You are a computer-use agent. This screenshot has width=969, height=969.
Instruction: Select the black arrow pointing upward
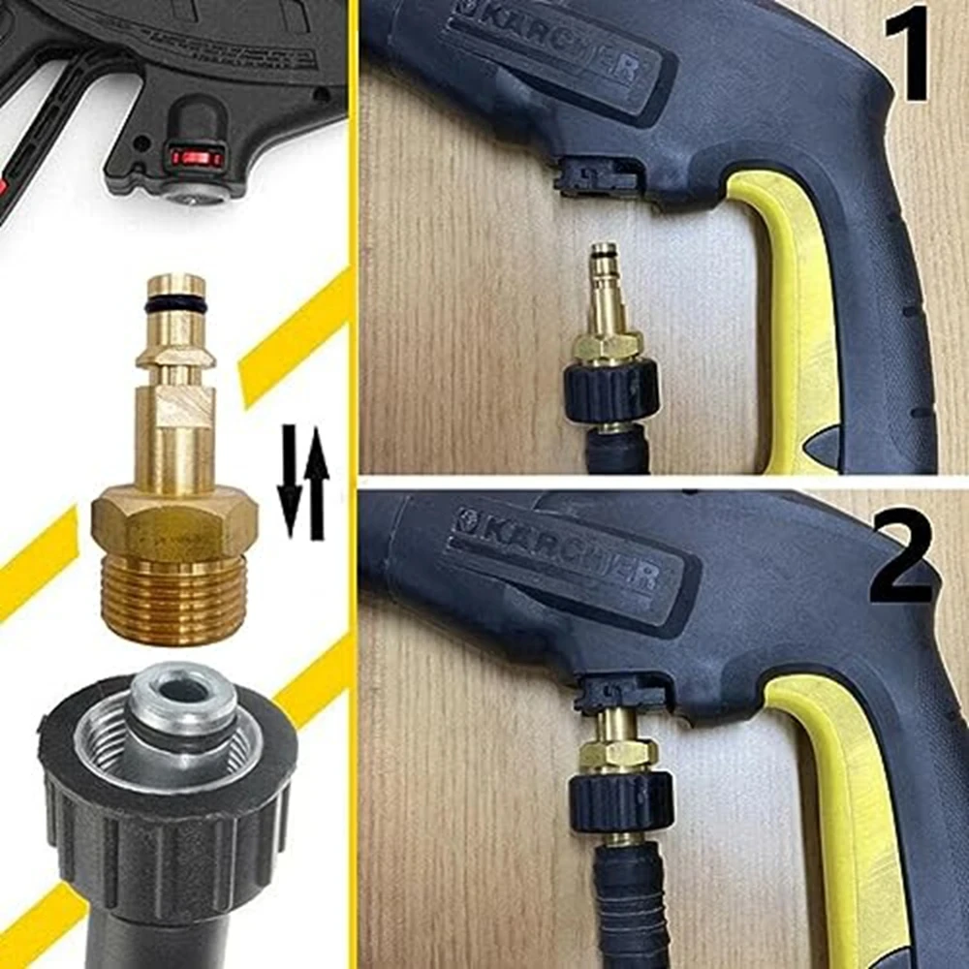(x=317, y=480)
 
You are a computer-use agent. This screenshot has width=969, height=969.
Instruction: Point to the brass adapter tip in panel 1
(x=605, y=281)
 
